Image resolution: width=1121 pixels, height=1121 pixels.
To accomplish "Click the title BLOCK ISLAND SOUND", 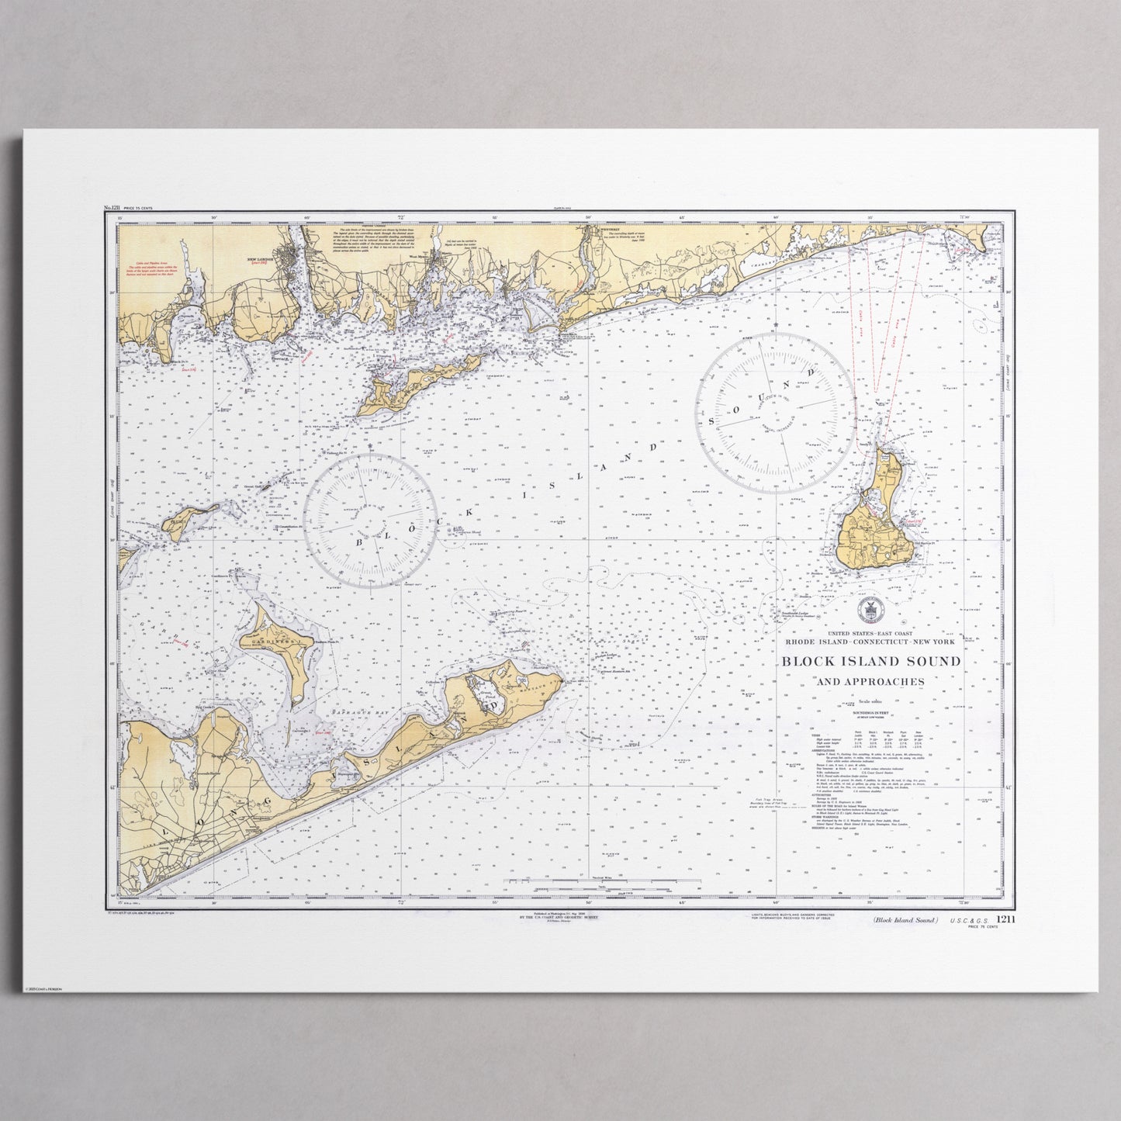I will tap(870, 662).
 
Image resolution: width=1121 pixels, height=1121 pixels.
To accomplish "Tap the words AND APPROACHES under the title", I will tap(869, 682).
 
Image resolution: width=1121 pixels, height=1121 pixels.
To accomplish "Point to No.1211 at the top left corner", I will tap(113, 209).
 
